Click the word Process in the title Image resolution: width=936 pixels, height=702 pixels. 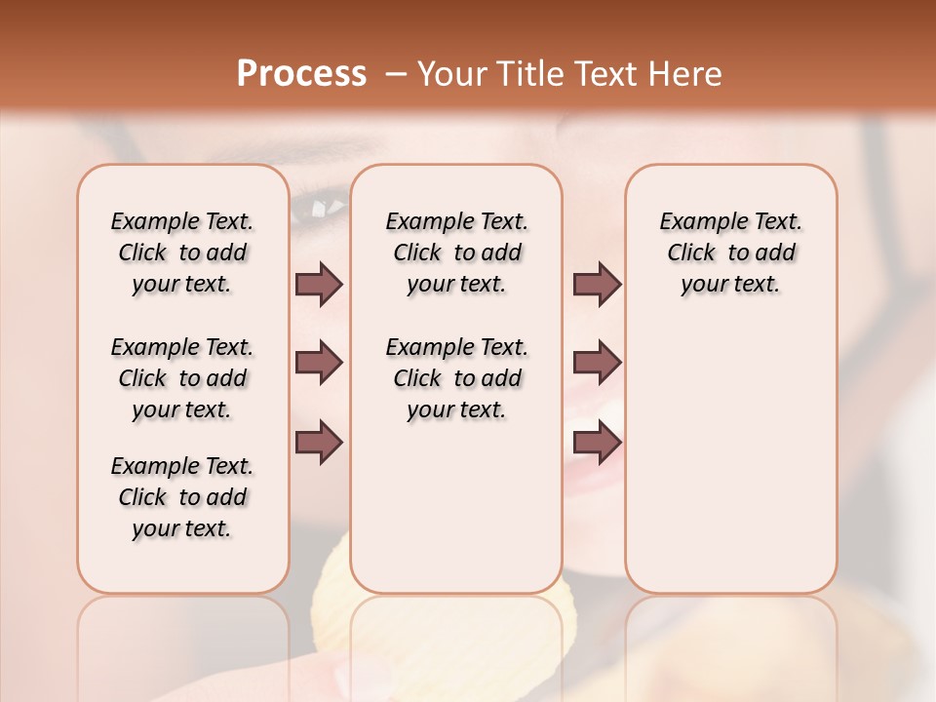pyautogui.click(x=301, y=74)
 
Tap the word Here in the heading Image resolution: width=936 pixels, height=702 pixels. pyautogui.click(x=687, y=74)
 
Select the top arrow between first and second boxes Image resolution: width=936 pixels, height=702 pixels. pyautogui.click(x=319, y=285)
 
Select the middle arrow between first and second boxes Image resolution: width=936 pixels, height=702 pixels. pyautogui.click(x=319, y=364)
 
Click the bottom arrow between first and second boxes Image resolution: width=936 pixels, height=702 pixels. pyautogui.click(x=319, y=443)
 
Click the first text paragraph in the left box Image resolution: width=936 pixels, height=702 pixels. pyautogui.click(x=182, y=253)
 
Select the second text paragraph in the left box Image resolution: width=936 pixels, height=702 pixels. pyautogui.click(x=182, y=378)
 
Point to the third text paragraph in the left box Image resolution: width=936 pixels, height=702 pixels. pyautogui.click(x=182, y=497)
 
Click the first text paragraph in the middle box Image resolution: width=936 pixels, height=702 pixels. pyautogui.click(x=456, y=253)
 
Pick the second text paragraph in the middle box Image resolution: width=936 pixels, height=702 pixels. pyautogui.click(x=456, y=378)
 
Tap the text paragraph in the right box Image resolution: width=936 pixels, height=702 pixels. pyautogui.click(x=730, y=253)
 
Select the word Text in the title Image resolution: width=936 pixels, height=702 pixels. pyautogui.click(x=604, y=74)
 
